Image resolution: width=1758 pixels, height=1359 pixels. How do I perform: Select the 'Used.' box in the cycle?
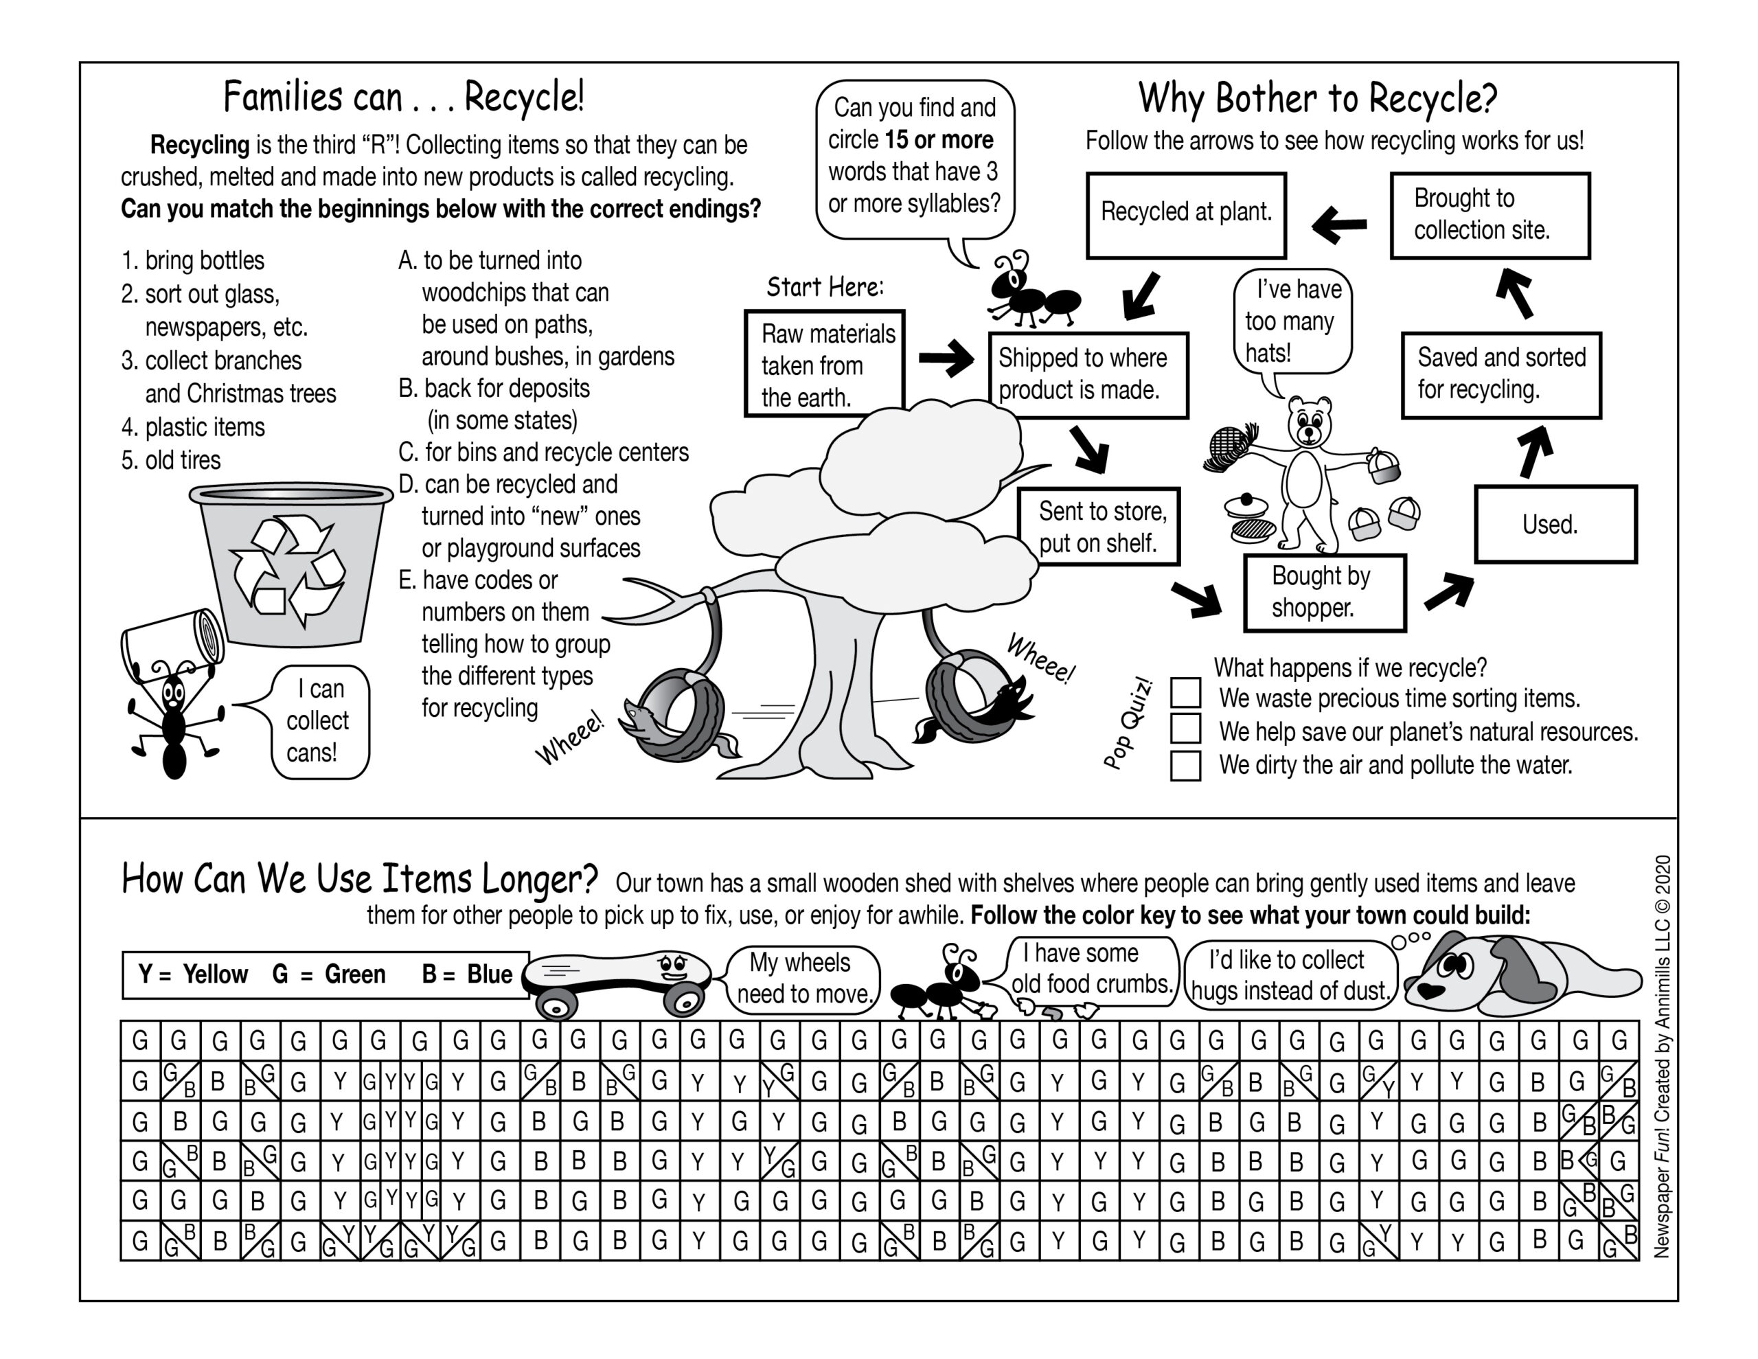click(1555, 524)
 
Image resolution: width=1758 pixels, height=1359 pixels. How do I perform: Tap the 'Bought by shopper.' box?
click(1324, 593)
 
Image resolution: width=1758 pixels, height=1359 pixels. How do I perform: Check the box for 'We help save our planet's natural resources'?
click(1185, 729)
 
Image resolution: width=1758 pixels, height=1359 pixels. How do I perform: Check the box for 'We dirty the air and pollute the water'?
click(1185, 765)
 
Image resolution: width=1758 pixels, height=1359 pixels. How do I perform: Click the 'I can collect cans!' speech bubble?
click(319, 721)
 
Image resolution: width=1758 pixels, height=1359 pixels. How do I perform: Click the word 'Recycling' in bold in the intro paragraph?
click(200, 145)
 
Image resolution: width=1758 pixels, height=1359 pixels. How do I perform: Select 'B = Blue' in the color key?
click(467, 975)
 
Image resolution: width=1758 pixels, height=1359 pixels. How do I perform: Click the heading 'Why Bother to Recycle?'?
click(1317, 98)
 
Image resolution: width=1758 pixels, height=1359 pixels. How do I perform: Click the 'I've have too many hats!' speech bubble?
click(1292, 321)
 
